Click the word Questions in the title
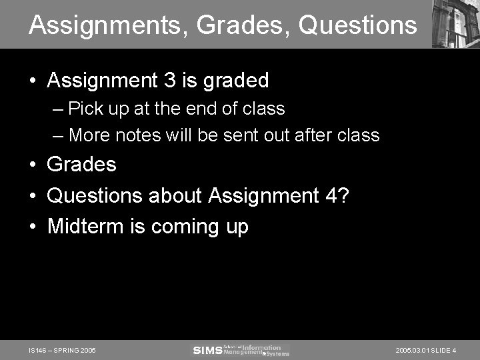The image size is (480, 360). coord(357,26)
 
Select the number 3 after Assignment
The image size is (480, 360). coord(169,81)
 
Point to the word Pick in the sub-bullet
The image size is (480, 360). coord(85,109)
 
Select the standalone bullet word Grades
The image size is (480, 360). coord(81,164)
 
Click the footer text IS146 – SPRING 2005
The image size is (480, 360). coord(63,351)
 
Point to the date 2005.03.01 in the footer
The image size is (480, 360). coord(413,351)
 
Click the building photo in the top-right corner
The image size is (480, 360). coord(455,23)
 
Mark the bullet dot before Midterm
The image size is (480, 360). coord(33,227)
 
